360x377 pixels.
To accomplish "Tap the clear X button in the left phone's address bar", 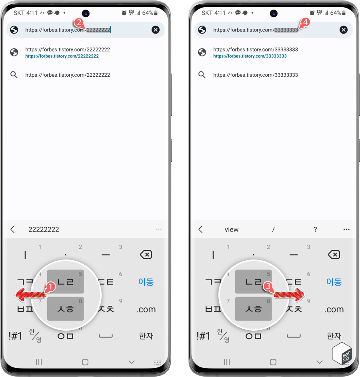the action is pos(156,30).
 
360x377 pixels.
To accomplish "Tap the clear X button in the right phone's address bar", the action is pos(344,30).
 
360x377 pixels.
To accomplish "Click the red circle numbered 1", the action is pos(50,287).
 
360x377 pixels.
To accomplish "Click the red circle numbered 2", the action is pos(79,23).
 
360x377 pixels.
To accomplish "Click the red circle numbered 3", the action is pos(268,286).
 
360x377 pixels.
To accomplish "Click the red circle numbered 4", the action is pos(305,22).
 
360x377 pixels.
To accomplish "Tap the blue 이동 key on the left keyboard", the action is pos(146,281).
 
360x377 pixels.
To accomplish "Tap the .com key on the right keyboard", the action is pos(334,309).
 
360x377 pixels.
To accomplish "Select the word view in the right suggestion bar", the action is pos(232,229).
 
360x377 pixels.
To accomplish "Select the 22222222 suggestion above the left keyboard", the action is pos(44,229).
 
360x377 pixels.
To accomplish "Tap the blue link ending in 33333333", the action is pos(250,56).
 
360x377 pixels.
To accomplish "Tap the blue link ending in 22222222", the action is pos(62,56).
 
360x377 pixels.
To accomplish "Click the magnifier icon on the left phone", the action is pos(14,75).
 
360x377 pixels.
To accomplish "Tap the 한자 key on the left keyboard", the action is pos(146,336).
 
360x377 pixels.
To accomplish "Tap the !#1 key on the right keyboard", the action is pos(204,336).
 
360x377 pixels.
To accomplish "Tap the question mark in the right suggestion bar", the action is pos(315,229).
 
